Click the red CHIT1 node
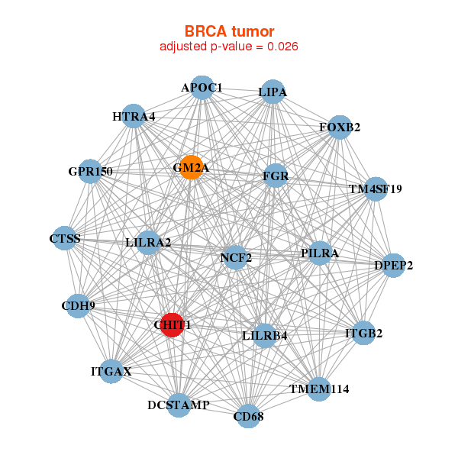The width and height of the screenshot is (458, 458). click(172, 324)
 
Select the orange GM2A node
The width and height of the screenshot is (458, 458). click(191, 167)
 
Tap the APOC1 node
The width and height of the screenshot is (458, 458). click(202, 88)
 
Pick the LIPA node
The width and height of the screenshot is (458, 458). click(273, 92)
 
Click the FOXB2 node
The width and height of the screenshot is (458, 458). click(340, 127)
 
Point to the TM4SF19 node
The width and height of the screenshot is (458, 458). click(374, 189)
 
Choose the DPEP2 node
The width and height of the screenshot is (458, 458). click(393, 266)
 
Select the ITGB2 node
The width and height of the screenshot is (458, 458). click(363, 333)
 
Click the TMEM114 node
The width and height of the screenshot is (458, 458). click(318, 389)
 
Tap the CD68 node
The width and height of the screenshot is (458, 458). click(247, 416)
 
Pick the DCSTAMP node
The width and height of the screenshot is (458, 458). click(178, 405)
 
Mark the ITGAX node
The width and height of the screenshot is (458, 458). click(111, 372)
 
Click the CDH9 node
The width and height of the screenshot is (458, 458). click(78, 306)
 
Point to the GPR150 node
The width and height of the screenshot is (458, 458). click(90, 171)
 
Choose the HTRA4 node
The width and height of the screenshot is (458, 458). click(134, 117)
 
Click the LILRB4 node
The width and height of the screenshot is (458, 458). click(264, 335)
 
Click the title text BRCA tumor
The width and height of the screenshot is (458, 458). click(229, 31)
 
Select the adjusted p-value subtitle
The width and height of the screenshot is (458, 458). click(229, 47)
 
